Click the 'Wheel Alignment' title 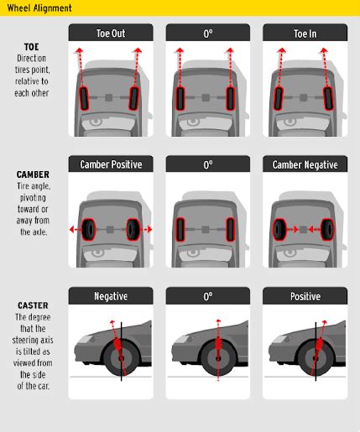tap(38, 8)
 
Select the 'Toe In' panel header tap(304, 33)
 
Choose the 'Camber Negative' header tap(304, 164)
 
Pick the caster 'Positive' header tap(304, 296)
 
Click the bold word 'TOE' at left tap(31, 47)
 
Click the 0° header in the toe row tap(207, 33)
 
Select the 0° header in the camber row tap(207, 164)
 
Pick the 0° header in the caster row tap(207, 296)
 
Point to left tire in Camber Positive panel tap(90, 229)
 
